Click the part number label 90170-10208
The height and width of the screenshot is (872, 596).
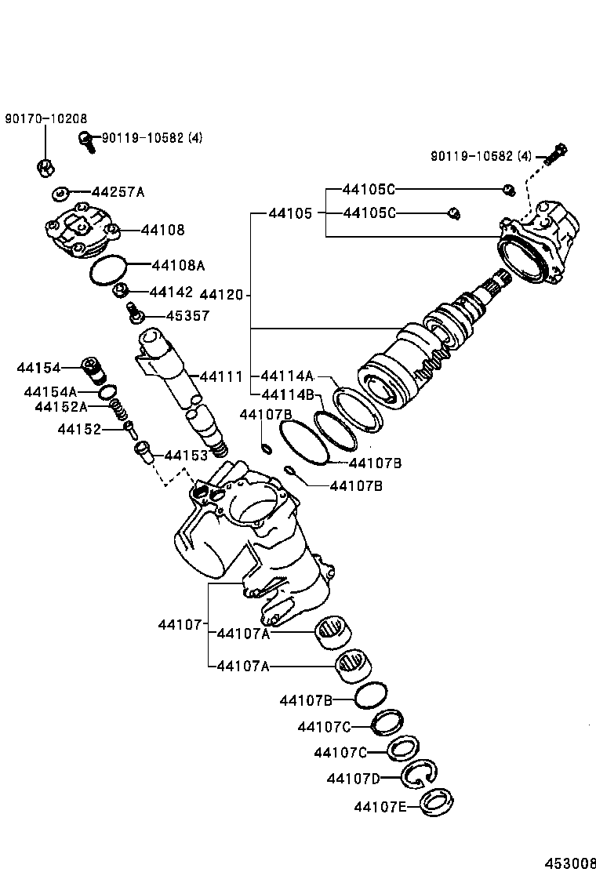tap(45, 118)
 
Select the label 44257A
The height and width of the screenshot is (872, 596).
tap(118, 191)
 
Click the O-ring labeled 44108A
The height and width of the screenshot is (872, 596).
tap(107, 270)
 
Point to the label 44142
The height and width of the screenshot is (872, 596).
tap(170, 292)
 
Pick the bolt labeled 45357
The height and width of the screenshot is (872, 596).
tap(133, 314)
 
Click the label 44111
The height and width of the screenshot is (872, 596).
tap(221, 376)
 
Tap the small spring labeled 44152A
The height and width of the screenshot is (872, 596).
tap(118, 409)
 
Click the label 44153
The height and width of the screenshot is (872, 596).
tap(186, 456)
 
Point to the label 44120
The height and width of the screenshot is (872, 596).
tap(223, 296)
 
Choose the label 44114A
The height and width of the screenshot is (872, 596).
tap(287, 376)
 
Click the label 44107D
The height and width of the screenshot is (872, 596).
tap(353, 778)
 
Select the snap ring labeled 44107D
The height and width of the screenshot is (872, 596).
tap(420, 775)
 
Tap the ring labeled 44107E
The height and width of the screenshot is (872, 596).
tap(435, 805)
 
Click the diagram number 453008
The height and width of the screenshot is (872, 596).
tap(571, 862)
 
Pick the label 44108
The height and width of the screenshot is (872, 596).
tap(163, 230)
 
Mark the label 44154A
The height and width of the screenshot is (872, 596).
tap(50, 391)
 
